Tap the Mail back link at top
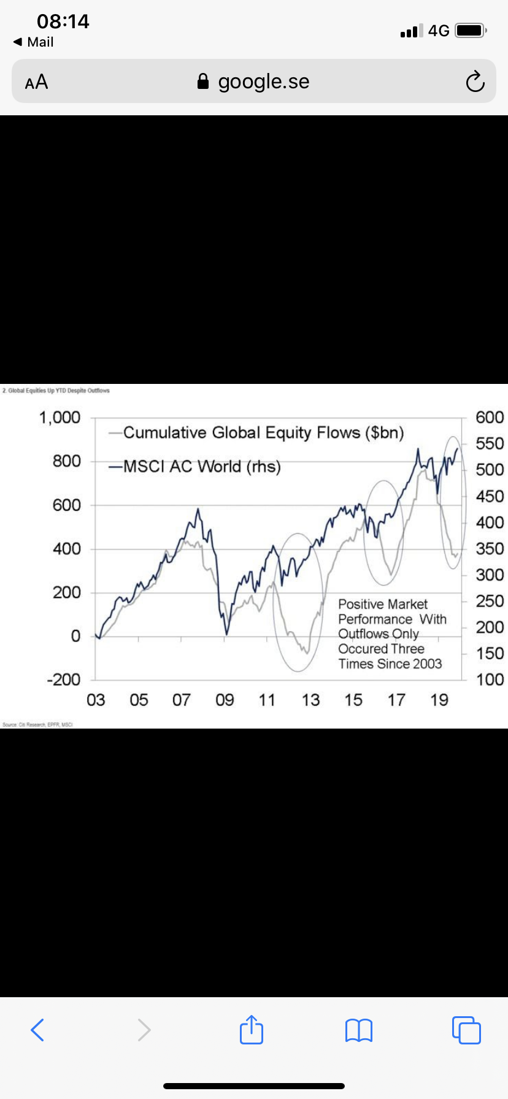tap(34, 42)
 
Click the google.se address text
tap(263, 82)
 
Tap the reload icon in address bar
tap(475, 82)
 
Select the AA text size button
tap(36, 82)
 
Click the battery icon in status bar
tap(471, 30)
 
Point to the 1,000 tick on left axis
tap(60, 418)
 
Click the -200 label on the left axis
tap(64, 680)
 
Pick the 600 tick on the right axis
tap(490, 418)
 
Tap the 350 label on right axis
tap(490, 549)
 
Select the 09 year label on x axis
tap(225, 700)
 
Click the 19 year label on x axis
tap(439, 700)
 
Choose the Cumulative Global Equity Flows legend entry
tap(263, 433)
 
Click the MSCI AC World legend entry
tap(202, 467)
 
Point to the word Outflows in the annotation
tap(364, 634)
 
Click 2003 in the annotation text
tap(427, 664)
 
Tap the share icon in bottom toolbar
tap(252, 1030)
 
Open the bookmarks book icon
tap(359, 1030)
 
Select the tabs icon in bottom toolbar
tap(466, 1030)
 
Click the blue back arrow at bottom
tap(37, 1030)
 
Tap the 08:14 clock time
tap(63, 21)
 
